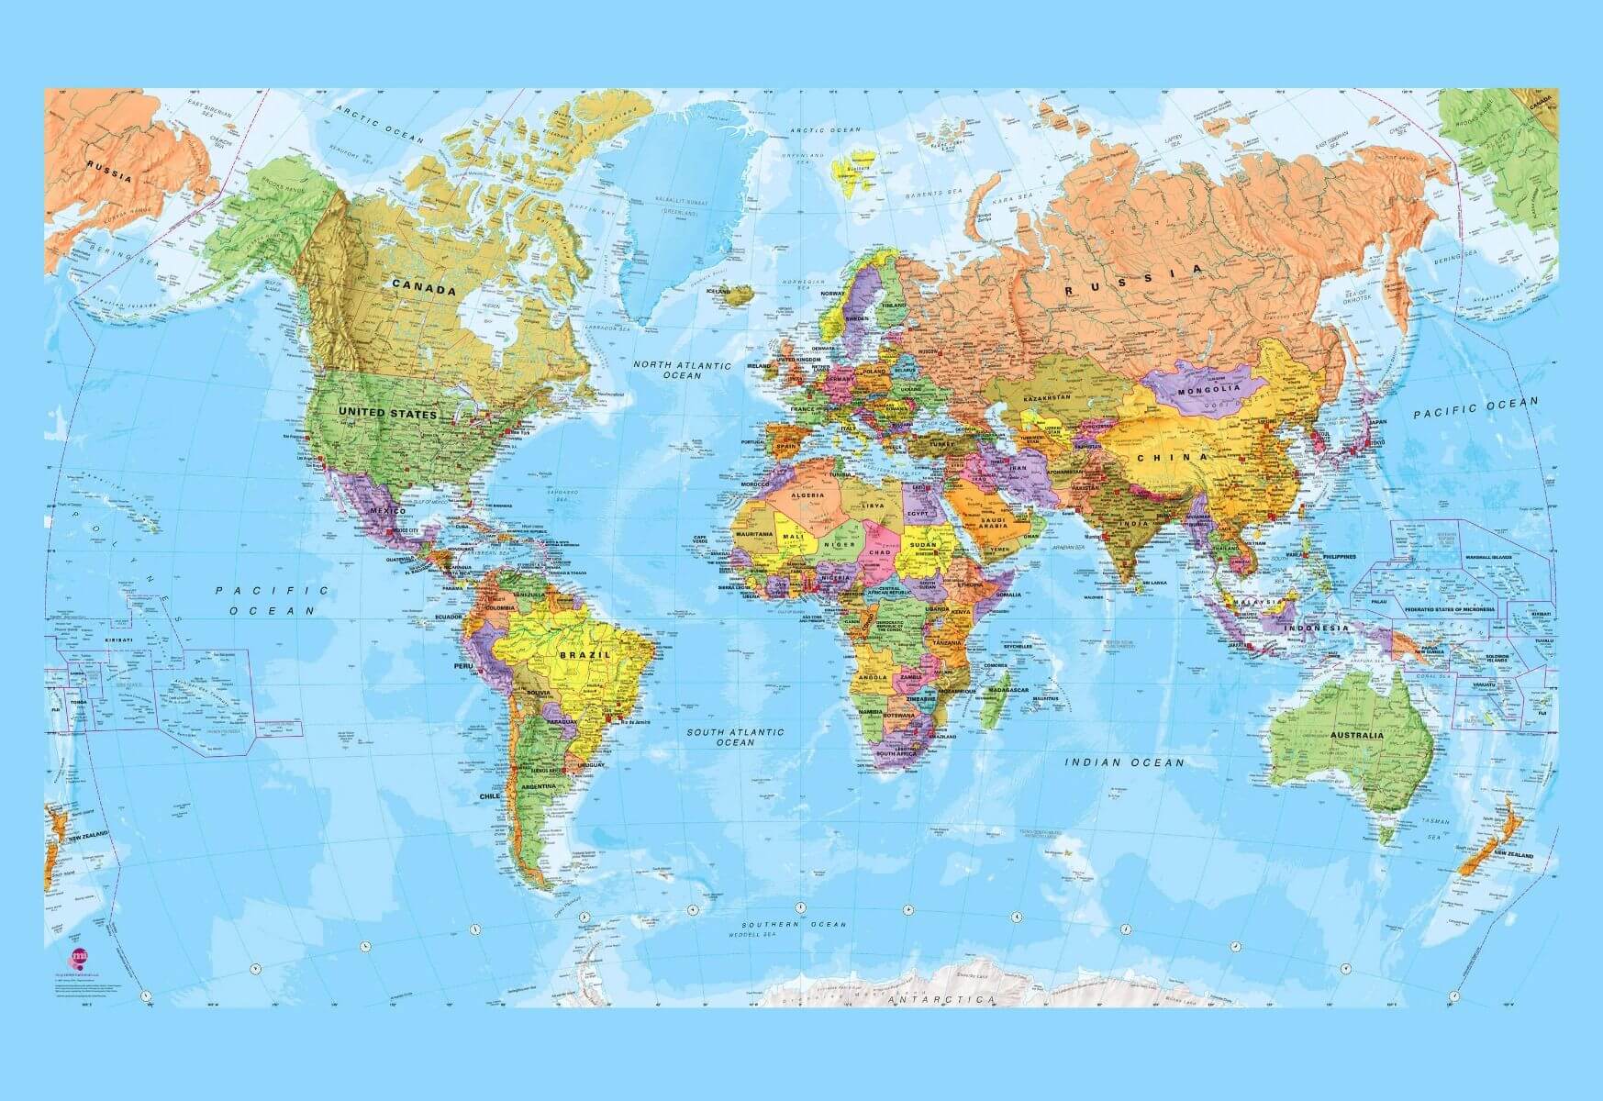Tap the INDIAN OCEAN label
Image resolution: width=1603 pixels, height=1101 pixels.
click(x=1124, y=762)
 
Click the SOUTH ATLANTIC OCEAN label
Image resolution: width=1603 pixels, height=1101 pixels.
click(x=736, y=737)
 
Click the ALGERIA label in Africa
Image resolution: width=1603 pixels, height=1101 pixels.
click(x=802, y=495)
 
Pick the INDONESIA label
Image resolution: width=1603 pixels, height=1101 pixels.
click(x=1317, y=628)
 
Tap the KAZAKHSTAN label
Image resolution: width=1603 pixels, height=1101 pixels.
click(x=1047, y=397)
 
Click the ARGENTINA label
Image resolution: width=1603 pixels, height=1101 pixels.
click(x=539, y=786)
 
